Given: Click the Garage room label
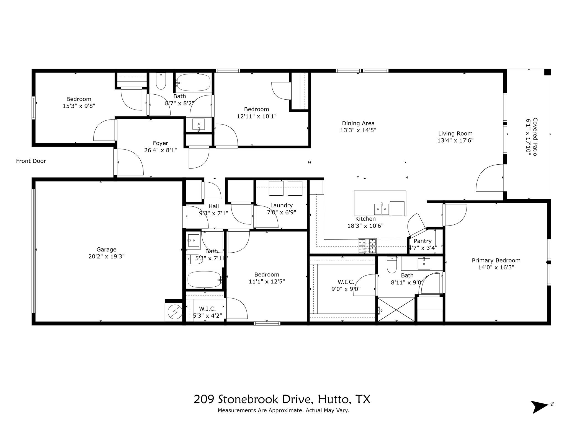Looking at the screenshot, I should coord(106,249).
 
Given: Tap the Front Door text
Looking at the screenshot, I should coord(31,161).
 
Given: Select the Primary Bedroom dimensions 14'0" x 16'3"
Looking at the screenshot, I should coord(496,268).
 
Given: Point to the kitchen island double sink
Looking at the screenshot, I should coord(382,209).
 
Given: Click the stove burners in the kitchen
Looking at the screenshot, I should coord(367,246).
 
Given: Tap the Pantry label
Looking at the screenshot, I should coord(422,241).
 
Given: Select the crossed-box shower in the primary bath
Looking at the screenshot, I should coord(396,310).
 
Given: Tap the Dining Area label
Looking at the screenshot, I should coord(358,123).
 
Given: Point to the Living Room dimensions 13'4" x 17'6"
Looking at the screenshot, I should coord(455,141).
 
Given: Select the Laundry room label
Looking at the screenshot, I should coord(281,205).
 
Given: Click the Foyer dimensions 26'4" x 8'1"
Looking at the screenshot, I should coord(160,150).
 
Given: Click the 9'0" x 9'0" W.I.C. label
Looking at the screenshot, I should coord(346,282).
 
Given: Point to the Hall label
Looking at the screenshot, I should coord(213,206).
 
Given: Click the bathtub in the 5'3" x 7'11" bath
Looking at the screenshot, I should coord(204,279).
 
